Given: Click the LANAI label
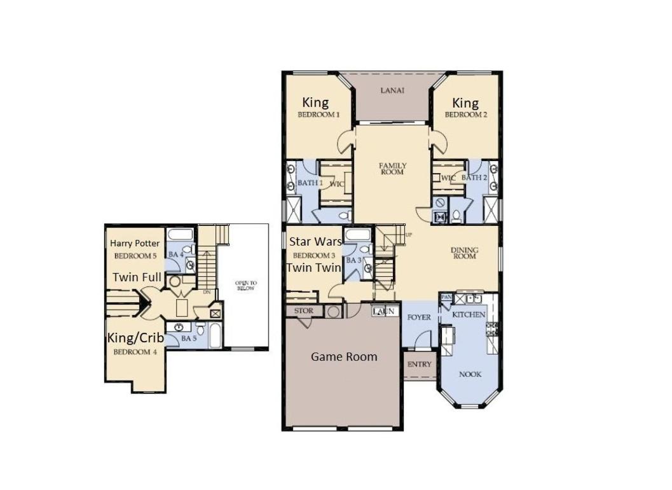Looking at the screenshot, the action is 392,90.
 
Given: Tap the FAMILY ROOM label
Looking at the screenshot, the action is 392,169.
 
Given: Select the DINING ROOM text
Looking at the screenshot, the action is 465,253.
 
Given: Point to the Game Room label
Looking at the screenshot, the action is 344,356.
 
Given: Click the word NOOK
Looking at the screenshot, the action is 470,374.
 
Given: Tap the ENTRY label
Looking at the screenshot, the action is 420,364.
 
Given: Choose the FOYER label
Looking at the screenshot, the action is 419,318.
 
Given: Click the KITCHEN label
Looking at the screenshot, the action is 469,314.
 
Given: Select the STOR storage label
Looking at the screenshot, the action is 303,311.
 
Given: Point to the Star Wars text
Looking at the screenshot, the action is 315,242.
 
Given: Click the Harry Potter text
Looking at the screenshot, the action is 135,243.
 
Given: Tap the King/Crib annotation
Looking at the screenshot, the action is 135,338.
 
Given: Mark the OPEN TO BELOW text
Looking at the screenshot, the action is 246,286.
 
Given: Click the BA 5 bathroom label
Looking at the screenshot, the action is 189,339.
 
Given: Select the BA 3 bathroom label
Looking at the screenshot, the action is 353,260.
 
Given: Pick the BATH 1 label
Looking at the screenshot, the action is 310,183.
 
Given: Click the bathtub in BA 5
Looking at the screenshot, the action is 216,335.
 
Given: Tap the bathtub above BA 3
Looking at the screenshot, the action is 358,234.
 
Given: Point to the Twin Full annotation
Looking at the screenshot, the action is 137,277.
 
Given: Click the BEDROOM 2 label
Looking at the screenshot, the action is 466,115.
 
